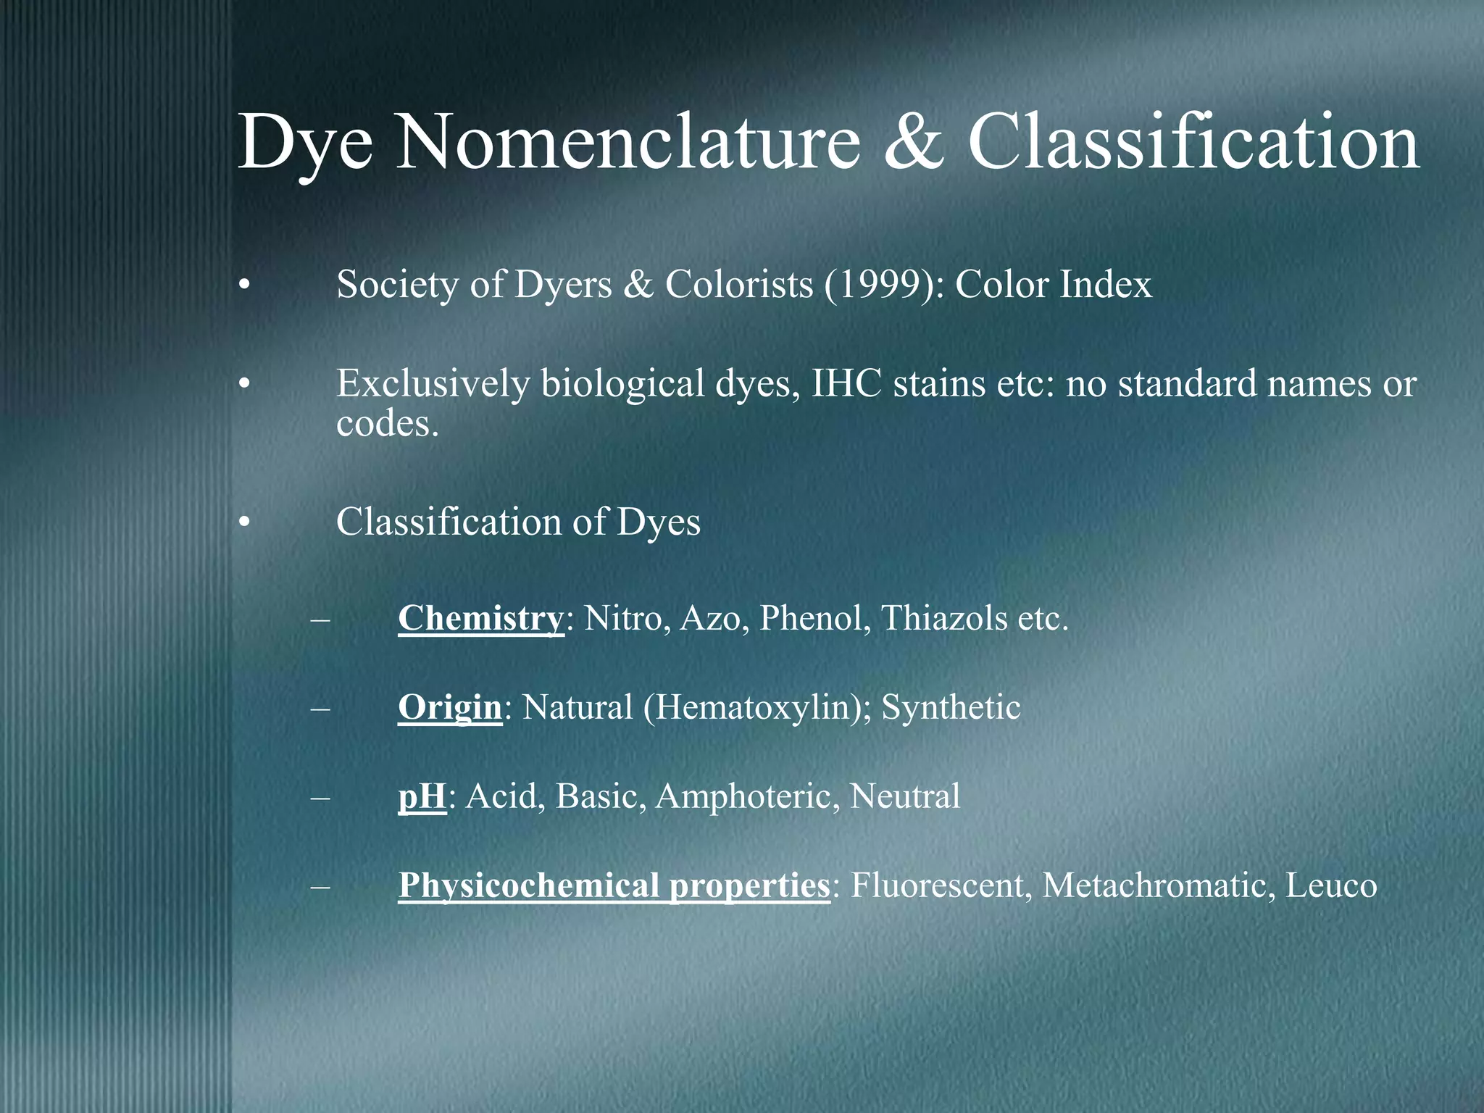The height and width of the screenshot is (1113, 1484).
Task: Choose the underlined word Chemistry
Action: tap(480, 618)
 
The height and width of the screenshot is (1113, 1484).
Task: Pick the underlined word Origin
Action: tap(449, 707)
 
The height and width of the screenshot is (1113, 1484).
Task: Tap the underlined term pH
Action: tap(422, 796)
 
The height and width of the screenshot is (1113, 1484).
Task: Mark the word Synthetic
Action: tap(951, 707)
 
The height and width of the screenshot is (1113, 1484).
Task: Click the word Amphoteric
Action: tap(747, 796)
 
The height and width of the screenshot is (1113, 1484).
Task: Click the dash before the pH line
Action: tap(319, 797)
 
